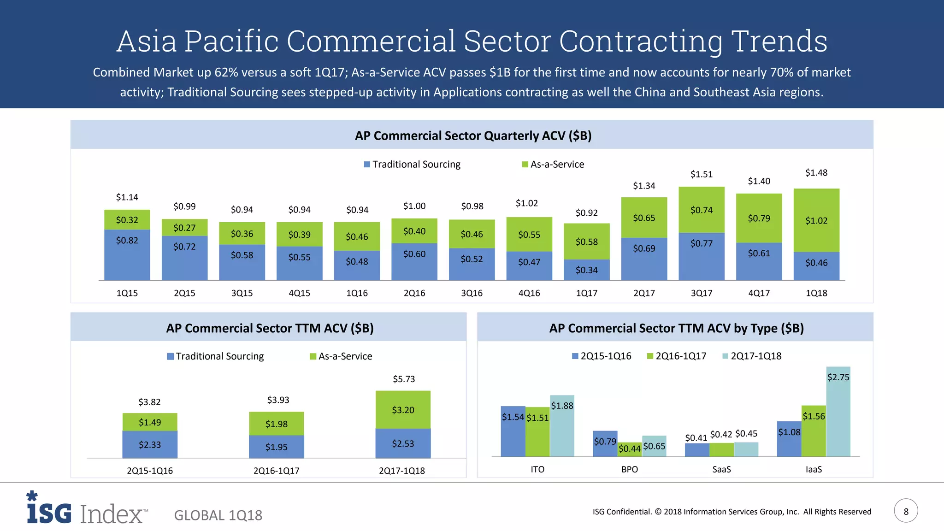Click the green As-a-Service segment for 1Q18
[816, 220]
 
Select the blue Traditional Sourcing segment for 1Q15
[127, 254]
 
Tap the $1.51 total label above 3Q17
[701, 174]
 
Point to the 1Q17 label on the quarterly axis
[586, 293]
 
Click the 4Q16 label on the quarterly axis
[529, 293]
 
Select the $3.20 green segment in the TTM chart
[403, 410]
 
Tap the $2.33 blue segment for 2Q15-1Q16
[150, 444]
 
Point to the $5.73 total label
[404, 379]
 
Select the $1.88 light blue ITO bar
[562, 426]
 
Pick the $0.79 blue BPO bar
[605, 444]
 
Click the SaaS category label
[721, 469]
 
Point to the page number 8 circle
[906, 511]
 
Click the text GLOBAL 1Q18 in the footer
[218, 515]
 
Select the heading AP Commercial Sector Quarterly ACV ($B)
[473, 136]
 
